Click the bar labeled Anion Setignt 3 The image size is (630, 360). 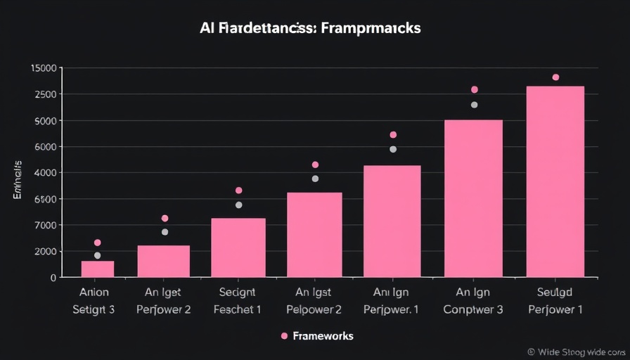tap(98, 269)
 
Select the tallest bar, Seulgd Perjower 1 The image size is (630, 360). tap(555, 181)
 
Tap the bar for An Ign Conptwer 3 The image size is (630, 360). tap(473, 198)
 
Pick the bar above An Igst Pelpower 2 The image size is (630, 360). tap(314, 234)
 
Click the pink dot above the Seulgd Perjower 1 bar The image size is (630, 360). tap(555, 77)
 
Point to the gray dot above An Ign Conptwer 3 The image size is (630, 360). tap(474, 105)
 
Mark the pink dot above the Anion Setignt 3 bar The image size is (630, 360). tap(98, 243)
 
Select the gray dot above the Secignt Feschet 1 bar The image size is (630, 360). tap(238, 205)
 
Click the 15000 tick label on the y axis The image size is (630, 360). tap(44, 68)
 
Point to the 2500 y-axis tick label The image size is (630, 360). tap(46, 94)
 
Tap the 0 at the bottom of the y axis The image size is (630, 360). tap(53, 278)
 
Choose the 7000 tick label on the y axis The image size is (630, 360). tap(46, 226)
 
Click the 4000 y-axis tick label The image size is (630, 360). tap(46, 173)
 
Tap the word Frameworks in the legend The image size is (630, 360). tap(324, 336)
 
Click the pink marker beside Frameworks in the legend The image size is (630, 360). tap(284, 336)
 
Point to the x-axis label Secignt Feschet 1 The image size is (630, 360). tap(238, 300)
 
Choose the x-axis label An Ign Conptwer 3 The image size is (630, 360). tap(473, 300)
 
